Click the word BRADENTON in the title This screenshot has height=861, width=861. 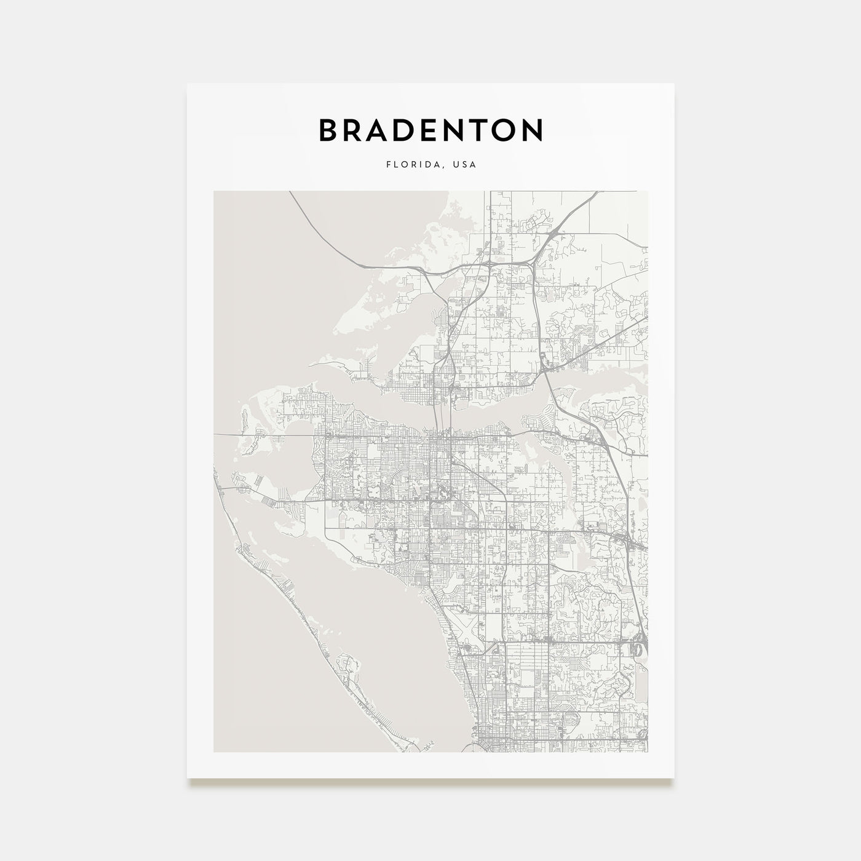tap(430, 130)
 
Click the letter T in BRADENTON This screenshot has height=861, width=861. tap(477, 130)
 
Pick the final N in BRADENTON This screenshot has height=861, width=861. tap(533, 130)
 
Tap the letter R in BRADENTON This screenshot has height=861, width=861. tap(354, 130)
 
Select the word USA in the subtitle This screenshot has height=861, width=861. tap(465, 165)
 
